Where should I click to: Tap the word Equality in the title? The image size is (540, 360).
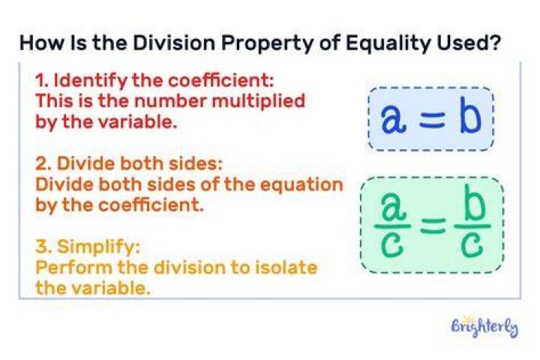[x=388, y=44]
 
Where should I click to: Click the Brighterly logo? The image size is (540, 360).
[x=485, y=328]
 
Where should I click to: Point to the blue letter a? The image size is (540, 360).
[x=393, y=118]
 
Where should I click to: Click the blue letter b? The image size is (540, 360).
[x=470, y=115]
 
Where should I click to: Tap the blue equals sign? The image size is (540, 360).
[x=432, y=121]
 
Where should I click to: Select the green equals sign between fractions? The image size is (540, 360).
[x=433, y=226]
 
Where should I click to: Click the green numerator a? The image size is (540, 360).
[x=392, y=208]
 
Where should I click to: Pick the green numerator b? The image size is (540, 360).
[x=473, y=202]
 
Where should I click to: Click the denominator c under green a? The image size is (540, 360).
[x=392, y=245]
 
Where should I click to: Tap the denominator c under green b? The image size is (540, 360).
[x=472, y=245]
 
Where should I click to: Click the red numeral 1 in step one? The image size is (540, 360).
[x=40, y=81]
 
